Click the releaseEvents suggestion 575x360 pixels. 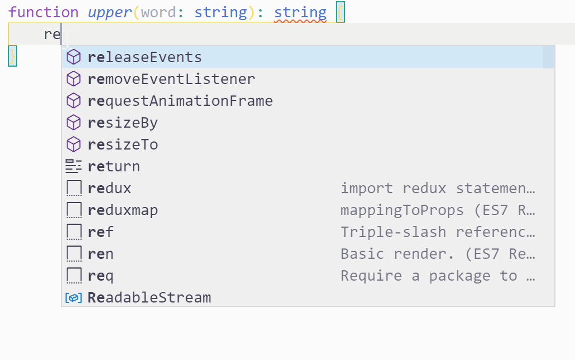pos(145,58)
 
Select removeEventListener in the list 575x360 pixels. pos(171,79)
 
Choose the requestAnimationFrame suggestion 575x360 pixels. pos(180,101)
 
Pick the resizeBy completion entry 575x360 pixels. pos(122,123)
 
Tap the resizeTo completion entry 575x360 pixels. pos(122,145)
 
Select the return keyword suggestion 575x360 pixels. pos(114,167)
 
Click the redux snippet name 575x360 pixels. pos(110,189)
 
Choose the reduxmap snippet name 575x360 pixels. pos(122,210)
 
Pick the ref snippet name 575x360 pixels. pos(101,232)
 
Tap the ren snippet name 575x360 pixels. pos(101,254)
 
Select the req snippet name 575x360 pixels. pos(101,276)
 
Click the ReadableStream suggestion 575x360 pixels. pos(149,298)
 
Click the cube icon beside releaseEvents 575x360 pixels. pos(74,58)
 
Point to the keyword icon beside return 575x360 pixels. pos(74,167)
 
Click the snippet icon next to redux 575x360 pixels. pos(74,189)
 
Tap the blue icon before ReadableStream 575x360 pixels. pos(74,298)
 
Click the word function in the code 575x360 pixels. pos(44,12)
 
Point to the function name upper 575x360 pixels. pos(110,12)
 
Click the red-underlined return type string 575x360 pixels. pos(300,12)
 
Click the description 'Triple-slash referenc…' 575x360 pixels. pos(438,232)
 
